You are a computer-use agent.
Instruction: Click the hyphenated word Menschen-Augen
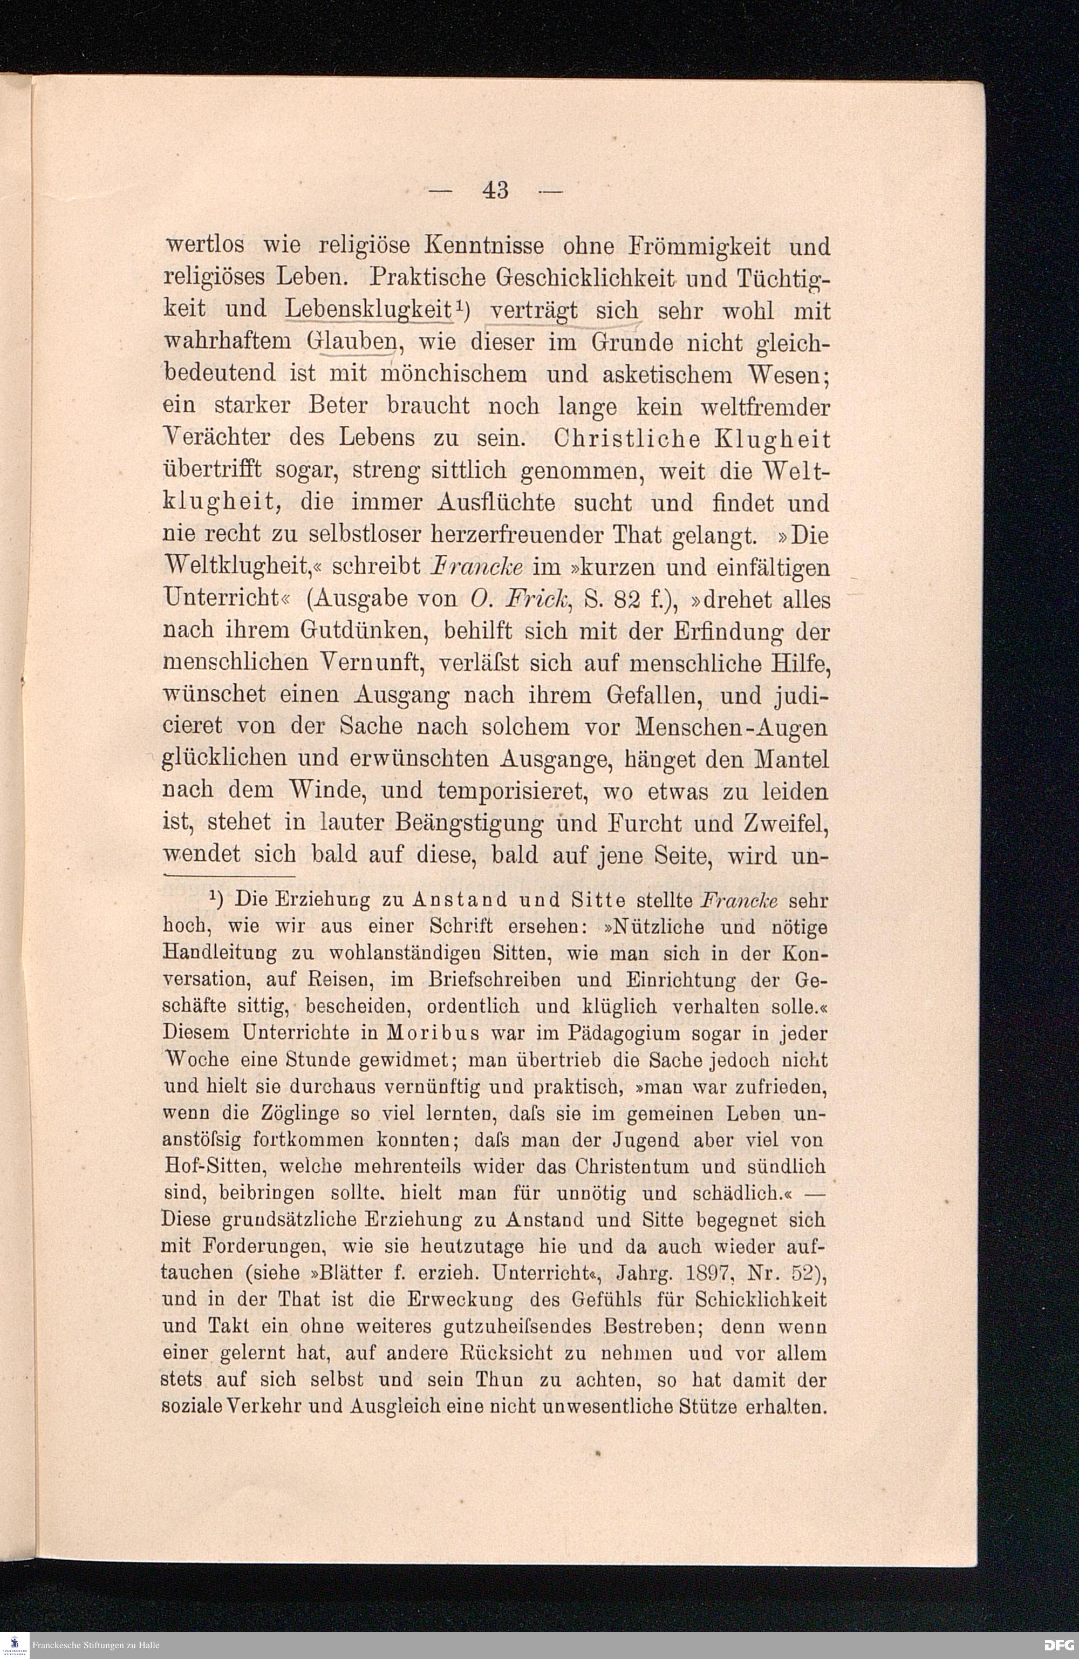(x=733, y=727)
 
